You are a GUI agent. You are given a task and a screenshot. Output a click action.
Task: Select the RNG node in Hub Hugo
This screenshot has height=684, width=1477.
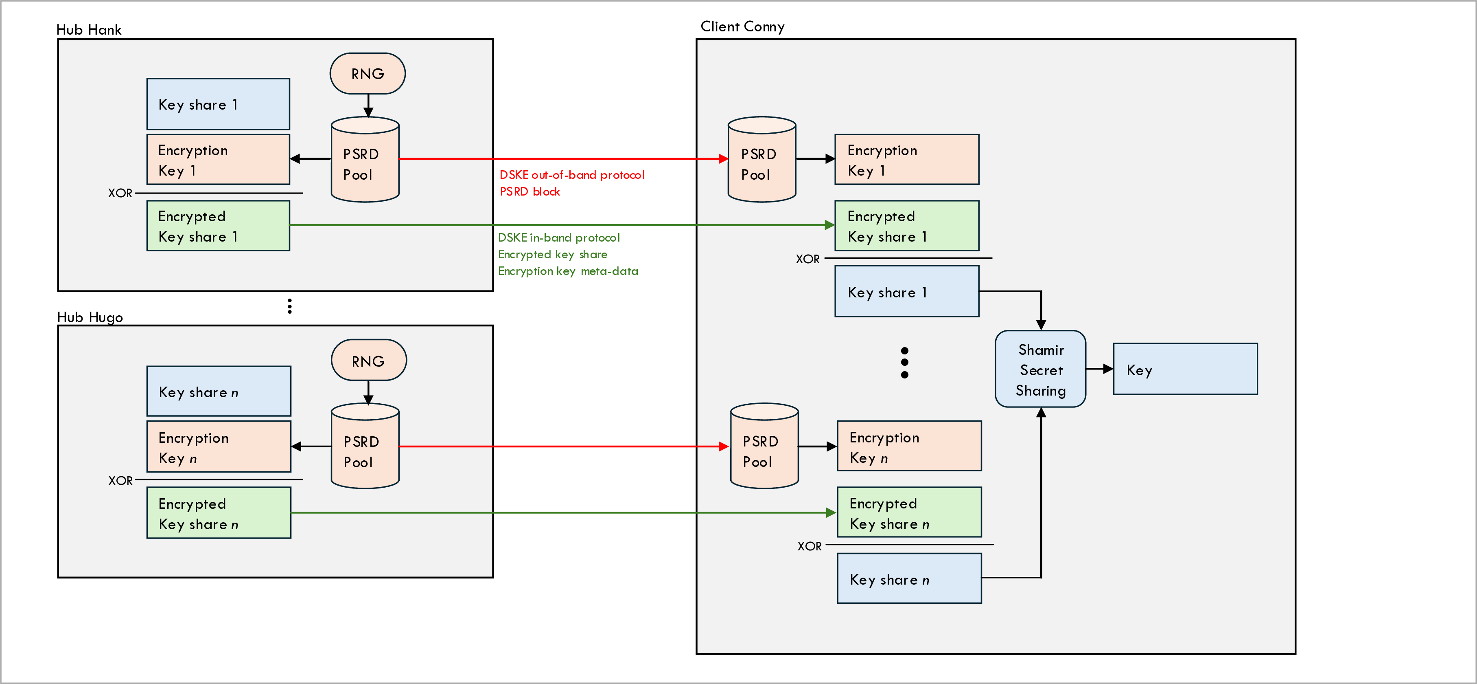369,361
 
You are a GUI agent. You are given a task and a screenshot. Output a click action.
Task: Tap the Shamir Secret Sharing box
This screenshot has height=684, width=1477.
1040,369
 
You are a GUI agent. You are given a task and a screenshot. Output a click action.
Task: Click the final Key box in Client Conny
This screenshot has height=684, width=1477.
1185,369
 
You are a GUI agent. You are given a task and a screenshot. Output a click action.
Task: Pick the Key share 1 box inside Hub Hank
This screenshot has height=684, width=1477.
218,104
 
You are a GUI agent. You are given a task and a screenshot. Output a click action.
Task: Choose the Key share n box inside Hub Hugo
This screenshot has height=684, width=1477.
219,391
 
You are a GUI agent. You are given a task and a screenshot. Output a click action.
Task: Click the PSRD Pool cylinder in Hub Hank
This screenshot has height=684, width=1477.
365,163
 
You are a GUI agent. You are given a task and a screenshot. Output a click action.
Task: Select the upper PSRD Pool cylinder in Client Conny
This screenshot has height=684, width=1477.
761,163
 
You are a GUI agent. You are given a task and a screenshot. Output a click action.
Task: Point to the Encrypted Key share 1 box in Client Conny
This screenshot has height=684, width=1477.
906,226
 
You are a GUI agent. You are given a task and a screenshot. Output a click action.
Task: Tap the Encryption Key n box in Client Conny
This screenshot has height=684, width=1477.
909,447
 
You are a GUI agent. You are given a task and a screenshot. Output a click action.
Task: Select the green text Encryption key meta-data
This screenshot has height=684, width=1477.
568,271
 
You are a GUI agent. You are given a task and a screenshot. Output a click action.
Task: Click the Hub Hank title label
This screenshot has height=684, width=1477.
89,30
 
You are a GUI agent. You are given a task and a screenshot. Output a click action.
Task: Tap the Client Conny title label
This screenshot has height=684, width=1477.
742,27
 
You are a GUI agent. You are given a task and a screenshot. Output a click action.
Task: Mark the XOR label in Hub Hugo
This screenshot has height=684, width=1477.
120,481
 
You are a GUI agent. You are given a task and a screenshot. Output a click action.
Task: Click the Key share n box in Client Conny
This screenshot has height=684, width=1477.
909,579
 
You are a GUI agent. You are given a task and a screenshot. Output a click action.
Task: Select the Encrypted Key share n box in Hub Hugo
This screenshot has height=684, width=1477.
219,513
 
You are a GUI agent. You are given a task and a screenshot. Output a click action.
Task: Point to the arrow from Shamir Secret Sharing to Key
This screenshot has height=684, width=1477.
1098,369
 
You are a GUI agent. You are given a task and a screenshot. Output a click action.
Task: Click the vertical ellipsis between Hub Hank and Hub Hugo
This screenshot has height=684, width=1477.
289,306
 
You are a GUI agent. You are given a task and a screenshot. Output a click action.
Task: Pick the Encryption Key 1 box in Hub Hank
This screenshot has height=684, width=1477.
218,160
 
